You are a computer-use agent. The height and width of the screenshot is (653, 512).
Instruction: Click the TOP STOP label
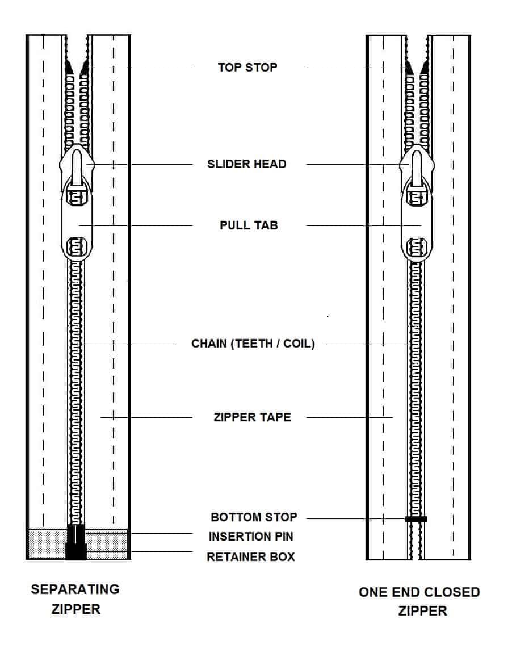[x=247, y=68]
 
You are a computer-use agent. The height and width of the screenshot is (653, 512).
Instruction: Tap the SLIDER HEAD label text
[x=247, y=164]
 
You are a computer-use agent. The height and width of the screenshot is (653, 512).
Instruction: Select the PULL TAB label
[x=249, y=225]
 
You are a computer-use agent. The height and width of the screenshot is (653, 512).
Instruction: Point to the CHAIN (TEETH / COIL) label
[x=253, y=344]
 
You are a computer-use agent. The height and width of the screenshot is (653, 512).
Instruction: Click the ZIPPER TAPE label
[x=252, y=417]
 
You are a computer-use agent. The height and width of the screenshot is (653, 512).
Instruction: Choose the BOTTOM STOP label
[x=254, y=517]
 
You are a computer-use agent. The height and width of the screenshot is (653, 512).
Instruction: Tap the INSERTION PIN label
[x=250, y=537]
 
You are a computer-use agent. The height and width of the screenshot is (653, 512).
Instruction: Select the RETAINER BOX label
[x=251, y=557]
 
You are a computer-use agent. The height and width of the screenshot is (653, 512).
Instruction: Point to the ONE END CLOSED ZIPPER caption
[x=419, y=601]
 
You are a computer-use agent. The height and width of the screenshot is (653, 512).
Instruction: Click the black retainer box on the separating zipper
[x=75, y=552]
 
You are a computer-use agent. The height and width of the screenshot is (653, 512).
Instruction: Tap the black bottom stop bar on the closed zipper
[x=416, y=519]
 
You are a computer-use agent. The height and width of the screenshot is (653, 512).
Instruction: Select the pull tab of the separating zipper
[x=76, y=221]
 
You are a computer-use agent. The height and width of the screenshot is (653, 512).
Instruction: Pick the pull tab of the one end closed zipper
[x=417, y=221]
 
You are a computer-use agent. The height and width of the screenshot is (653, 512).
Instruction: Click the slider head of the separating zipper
[x=76, y=162]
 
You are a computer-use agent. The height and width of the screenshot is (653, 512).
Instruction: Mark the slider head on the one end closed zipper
[x=417, y=162]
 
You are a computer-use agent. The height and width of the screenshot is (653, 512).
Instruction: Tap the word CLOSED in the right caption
[x=452, y=592]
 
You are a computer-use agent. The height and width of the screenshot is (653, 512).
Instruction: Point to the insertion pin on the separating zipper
[x=75, y=534]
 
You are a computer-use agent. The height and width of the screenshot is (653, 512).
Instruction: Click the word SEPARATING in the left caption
[x=75, y=589]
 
